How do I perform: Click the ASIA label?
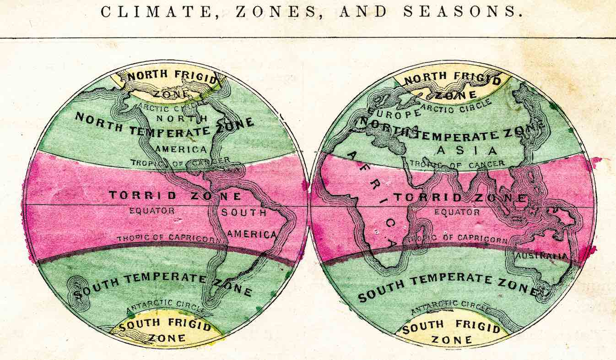click(467, 150)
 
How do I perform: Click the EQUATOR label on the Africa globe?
click(457, 212)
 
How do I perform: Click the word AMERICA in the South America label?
click(252, 234)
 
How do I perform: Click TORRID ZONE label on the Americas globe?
click(175, 196)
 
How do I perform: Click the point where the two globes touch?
click(309, 204)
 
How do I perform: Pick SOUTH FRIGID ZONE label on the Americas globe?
click(166, 331)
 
